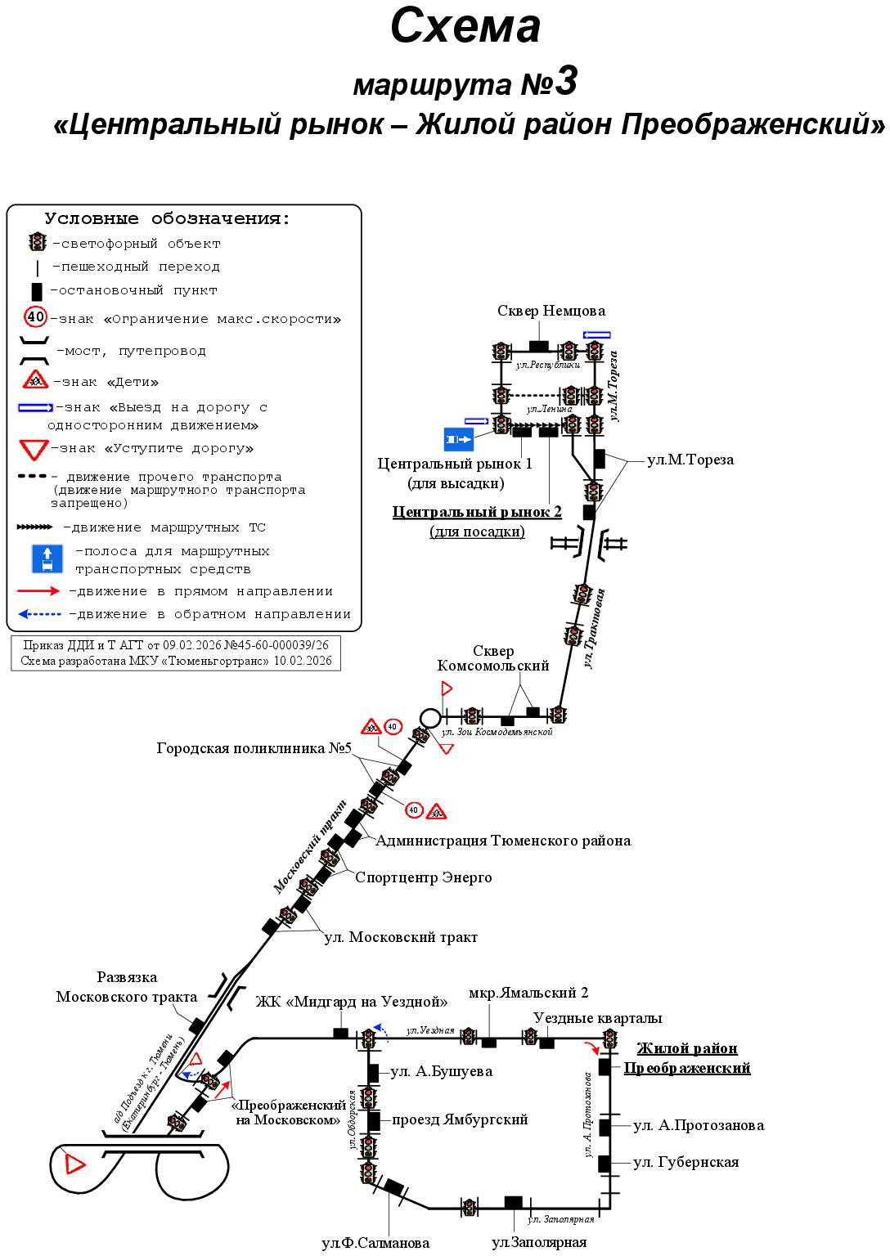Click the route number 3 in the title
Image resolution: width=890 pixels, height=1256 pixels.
pos(565,82)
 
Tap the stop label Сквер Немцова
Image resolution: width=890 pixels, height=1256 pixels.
pos(551,311)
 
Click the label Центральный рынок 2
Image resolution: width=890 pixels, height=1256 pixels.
pos(477,512)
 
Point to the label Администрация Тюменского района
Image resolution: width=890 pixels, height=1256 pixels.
pos(503,841)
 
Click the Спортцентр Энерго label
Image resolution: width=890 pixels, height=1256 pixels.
pos(423,877)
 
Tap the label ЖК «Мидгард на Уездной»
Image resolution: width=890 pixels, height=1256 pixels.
pos(352,1002)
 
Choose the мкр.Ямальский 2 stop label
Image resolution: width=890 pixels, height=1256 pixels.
pos(528,993)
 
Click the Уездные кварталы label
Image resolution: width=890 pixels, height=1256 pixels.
pos(597,1018)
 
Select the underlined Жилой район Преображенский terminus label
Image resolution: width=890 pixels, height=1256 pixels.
pos(687,1058)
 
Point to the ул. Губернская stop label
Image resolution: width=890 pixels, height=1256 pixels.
pos(685,1162)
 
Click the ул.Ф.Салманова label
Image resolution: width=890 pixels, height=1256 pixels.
pos(375,1243)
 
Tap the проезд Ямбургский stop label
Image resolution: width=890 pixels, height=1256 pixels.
pos(460,1119)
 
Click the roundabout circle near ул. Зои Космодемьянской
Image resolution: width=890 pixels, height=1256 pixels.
pos(429,717)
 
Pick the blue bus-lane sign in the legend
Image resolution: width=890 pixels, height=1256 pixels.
pos(47,559)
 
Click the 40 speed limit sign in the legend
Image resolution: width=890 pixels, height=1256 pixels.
pos(36,317)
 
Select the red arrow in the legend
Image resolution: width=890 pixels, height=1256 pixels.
pos(38,591)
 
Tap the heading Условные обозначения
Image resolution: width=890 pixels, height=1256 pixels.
pos(168,219)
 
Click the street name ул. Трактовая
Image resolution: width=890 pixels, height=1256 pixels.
pos(595,628)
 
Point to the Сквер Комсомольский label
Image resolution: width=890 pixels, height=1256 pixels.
pos(492,658)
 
